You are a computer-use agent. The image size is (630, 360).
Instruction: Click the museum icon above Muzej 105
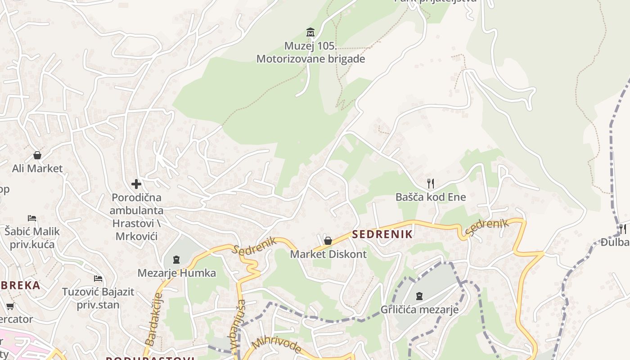(310, 32)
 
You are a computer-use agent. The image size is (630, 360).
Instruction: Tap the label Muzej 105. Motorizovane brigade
(310, 53)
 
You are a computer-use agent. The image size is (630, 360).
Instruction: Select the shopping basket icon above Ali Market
(37, 155)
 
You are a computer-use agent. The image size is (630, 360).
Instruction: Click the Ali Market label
(37, 169)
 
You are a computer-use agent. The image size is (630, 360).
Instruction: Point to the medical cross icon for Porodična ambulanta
(136, 184)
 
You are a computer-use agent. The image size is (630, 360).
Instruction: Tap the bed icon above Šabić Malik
(31, 218)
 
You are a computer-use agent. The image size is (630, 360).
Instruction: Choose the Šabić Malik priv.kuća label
(32, 238)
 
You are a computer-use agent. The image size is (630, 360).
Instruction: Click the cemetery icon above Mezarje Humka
(176, 260)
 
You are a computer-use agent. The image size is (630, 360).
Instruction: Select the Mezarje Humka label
(176, 273)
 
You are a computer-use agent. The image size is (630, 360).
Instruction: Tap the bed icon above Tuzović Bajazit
(98, 279)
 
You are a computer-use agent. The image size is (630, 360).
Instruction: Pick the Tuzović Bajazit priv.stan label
(98, 298)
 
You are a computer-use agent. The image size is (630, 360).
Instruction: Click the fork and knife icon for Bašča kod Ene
(431, 183)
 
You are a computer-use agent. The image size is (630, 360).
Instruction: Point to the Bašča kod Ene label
(431, 197)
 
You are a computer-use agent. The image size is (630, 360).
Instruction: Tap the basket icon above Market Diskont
(328, 241)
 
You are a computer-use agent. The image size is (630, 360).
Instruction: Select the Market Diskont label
(328, 254)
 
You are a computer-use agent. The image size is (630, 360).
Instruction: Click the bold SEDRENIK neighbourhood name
(382, 234)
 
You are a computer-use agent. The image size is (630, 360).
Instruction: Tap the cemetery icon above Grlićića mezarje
(419, 296)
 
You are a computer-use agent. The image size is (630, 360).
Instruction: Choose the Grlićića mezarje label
(419, 310)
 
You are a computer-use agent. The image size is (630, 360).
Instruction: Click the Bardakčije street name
(154, 319)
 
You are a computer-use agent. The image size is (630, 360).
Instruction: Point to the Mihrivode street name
(276, 345)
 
